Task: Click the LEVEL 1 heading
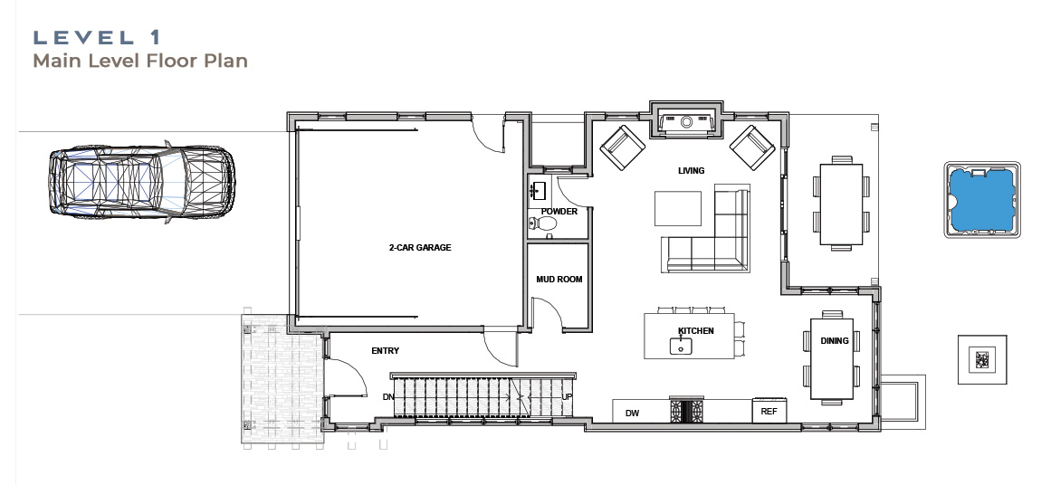coord(97,37)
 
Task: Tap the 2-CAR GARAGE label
coord(420,247)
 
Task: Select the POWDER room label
coord(559,211)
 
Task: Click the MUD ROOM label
coord(559,280)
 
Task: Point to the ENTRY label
coord(385,350)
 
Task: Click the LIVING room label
coord(691,171)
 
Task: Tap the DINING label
coord(835,341)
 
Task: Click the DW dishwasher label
coord(632,414)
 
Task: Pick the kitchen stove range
coord(687,410)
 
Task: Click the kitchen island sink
coord(681,347)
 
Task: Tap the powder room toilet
coord(540,223)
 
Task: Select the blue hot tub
coord(982,199)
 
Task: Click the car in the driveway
coord(141,182)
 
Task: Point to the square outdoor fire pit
coord(982,360)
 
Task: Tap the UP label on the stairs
coord(567,397)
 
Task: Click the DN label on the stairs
coord(388,397)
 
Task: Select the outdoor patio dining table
coord(841,204)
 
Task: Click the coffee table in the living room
coord(678,208)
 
